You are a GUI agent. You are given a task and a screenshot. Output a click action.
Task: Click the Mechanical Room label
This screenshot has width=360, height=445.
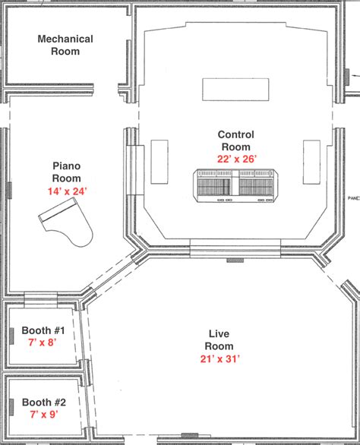point(65,45)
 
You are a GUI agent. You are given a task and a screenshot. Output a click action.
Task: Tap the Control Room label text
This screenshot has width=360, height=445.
point(236,140)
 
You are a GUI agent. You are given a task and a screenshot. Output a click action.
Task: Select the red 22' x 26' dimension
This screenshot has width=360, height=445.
point(236,159)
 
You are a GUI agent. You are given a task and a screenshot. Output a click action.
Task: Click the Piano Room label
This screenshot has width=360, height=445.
point(67,172)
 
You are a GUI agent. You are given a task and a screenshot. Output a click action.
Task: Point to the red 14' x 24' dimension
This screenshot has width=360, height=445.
point(67,191)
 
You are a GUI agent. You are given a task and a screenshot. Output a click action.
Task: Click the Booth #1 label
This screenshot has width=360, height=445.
point(44,331)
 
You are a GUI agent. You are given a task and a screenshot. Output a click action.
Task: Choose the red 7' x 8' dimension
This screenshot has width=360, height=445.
point(43,343)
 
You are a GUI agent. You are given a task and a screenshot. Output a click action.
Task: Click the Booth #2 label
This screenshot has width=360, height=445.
point(44,402)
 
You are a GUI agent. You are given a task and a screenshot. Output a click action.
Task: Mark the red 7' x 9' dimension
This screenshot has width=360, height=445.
point(43,415)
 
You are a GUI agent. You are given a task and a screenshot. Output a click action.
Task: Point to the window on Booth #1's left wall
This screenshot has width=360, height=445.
point(13,335)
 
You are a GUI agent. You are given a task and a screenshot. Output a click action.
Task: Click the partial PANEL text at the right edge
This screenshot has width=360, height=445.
point(352,194)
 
